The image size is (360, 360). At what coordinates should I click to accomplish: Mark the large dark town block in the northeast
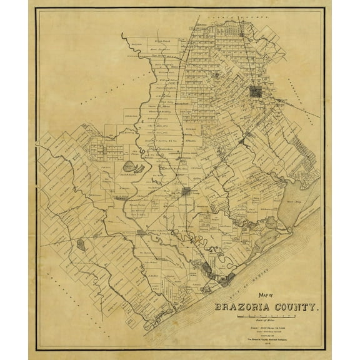coord(257,92)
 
